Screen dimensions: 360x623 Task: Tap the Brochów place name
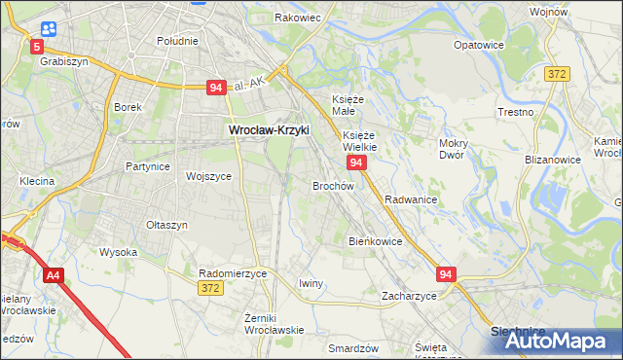pyautogui.click(x=332, y=185)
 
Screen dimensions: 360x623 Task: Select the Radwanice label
pyautogui.click(x=410, y=198)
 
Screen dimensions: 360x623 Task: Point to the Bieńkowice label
pyautogui.click(x=375, y=240)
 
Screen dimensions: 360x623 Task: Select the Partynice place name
pyautogui.click(x=148, y=166)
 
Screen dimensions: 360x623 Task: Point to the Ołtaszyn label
pyautogui.click(x=165, y=225)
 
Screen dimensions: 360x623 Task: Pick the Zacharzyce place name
pyautogui.click(x=409, y=295)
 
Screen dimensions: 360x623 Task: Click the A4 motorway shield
pyautogui.click(x=53, y=276)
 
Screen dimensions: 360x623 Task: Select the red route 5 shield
pyautogui.click(x=37, y=46)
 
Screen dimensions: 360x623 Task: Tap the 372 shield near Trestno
pyautogui.click(x=557, y=73)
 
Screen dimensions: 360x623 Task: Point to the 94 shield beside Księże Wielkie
pyautogui.click(x=357, y=162)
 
